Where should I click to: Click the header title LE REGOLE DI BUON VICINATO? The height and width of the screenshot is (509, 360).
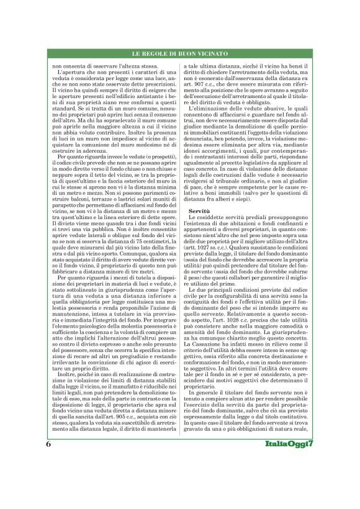click(180, 55)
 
